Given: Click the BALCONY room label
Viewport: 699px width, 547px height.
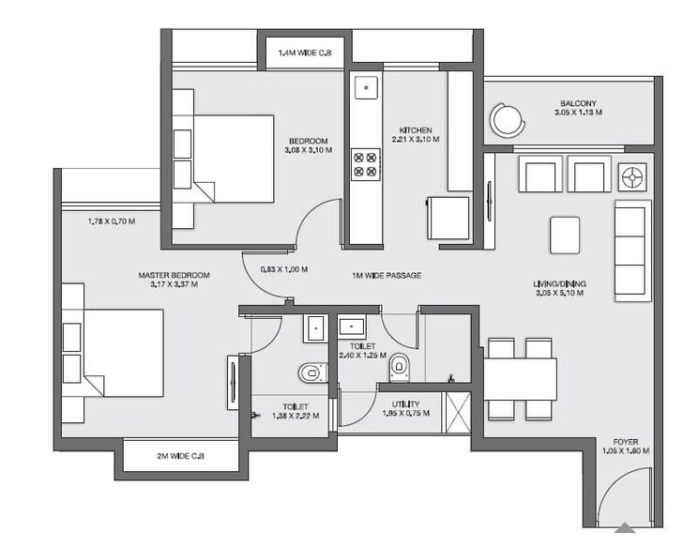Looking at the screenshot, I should tap(578, 104).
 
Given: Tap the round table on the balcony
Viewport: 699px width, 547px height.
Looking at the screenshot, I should tap(507, 119).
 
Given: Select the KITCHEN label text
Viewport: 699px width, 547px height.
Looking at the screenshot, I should tap(415, 129).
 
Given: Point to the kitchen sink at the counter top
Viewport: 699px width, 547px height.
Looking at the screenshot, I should tap(364, 90).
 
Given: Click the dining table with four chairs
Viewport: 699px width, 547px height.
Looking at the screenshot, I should tap(522, 377).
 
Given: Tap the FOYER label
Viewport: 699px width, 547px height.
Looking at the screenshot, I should tap(626, 440).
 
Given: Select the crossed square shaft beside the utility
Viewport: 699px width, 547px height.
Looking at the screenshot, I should tap(457, 409).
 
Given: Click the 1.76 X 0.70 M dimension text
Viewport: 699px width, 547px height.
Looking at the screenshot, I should tap(110, 222).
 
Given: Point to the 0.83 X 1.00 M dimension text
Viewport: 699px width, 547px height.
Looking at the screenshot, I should tap(283, 269).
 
